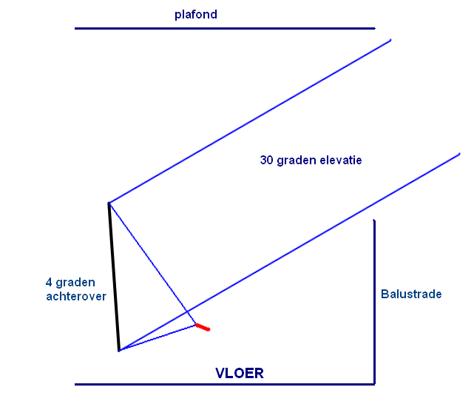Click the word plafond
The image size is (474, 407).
point(196,15)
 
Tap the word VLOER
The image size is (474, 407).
point(240,373)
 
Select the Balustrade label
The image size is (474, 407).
point(411,294)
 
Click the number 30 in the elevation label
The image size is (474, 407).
point(267,160)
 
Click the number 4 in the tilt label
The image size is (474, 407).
point(49,283)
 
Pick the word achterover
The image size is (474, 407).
point(76,296)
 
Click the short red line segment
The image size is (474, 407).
point(203,327)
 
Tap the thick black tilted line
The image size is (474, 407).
point(114,277)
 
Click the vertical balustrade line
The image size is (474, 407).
point(374,302)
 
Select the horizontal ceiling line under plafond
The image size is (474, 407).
point(225,28)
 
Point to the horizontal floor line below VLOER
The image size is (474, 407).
point(225,384)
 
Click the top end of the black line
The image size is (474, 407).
point(109,203)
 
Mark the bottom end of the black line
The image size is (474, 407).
point(119,351)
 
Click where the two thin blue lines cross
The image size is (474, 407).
point(187,312)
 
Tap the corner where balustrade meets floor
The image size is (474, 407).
point(374,384)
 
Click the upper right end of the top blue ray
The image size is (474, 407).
point(390,40)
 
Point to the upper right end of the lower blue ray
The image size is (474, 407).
point(459,154)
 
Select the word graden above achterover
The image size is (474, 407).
point(75,283)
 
